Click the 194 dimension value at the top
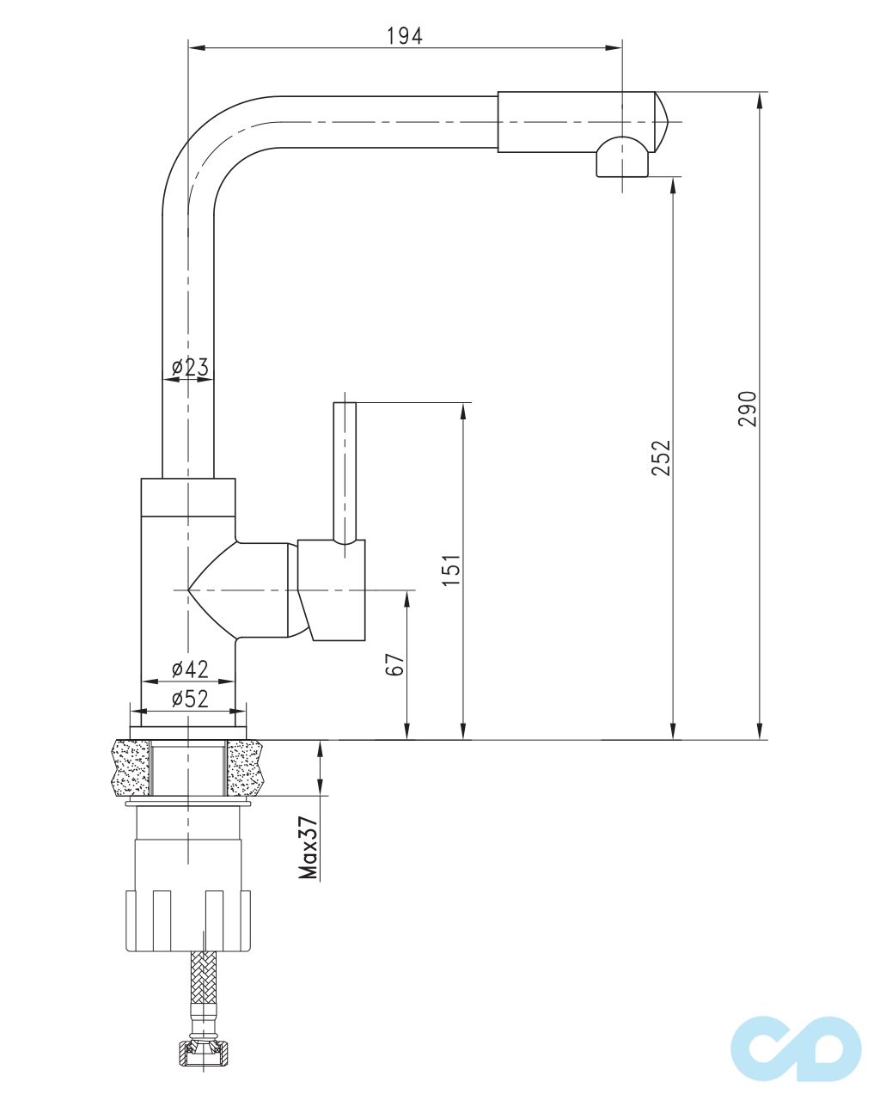point(405,36)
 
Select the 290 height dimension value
point(748,408)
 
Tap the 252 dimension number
point(661,458)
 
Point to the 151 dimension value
point(452,570)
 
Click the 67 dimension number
point(394,664)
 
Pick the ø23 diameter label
point(190,367)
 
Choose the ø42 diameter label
point(190,669)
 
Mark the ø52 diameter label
point(190,699)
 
